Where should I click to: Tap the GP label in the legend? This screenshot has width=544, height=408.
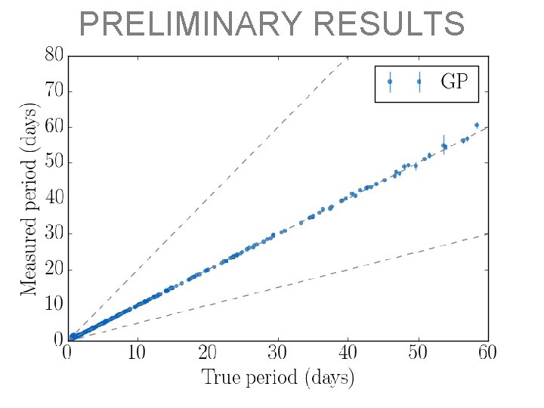(x=454, y=82)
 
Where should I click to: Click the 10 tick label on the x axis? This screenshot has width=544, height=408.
(x=137, y=354)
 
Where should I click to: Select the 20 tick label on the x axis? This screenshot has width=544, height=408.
(x=207, y=354)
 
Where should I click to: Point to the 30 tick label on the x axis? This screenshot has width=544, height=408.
(x=277, y=354)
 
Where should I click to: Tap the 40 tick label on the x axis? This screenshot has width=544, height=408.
(x=348, y=354)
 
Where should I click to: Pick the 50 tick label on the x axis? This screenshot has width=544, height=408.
(x=418, y=354)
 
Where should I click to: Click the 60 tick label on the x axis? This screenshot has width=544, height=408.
(x=487, y=354)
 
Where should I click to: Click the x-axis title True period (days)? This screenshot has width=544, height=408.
(x=277, y=378)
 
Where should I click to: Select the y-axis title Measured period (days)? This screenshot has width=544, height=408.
(x=29, y=198)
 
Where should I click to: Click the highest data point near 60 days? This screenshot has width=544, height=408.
(x=477, y=125)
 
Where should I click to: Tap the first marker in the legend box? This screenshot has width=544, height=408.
(x=390, y=82)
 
